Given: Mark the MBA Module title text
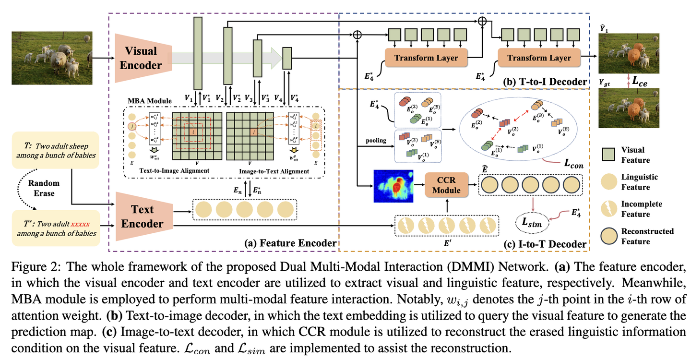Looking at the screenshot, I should (150, 101).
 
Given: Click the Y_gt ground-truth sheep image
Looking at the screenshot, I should (621, 108).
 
